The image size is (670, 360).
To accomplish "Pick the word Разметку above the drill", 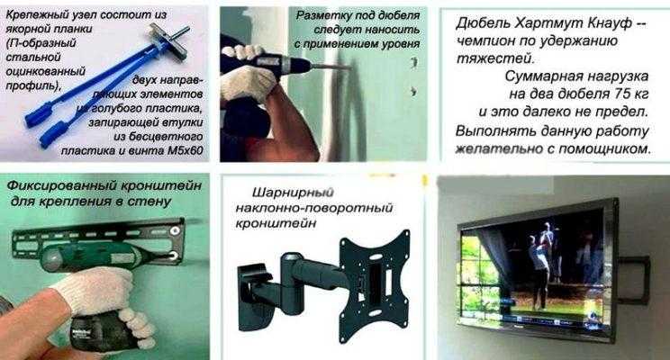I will (332, 17).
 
